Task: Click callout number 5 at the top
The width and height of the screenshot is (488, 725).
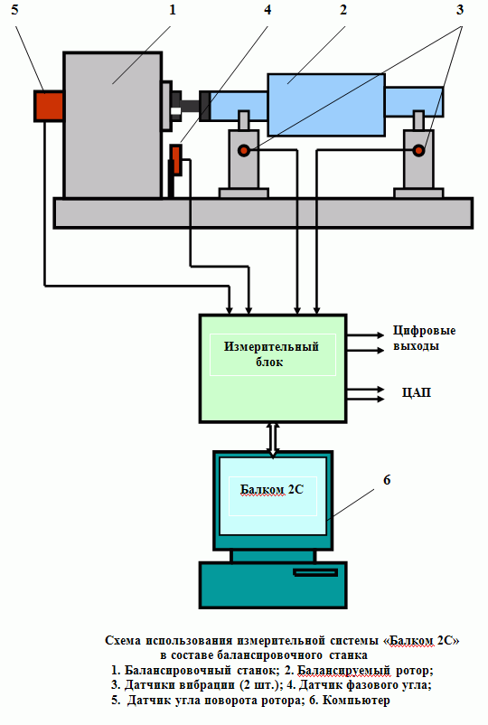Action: pos(14,10)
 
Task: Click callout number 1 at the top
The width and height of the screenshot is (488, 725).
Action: pos(173,10)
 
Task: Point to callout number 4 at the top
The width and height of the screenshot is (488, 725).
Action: pos(267,10)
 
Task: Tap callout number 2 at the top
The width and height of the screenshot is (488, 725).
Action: pos(343,10)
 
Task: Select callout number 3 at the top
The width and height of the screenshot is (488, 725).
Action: pos(459,10)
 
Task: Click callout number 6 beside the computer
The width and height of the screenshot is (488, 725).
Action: pos(387,480)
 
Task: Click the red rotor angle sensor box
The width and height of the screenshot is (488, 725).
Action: pos(49,107)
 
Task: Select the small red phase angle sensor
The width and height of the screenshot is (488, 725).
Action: pos(175,160)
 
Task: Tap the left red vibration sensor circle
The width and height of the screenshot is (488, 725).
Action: pos(243,150)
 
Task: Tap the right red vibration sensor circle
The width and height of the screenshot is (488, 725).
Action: pos(418,150)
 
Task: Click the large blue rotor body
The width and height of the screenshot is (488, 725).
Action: pos(326,105)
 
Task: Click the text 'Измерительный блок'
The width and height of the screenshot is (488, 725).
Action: pos(271,354)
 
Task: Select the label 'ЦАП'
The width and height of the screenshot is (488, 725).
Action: pos(417,392)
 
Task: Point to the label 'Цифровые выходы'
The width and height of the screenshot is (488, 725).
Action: pos(424,338)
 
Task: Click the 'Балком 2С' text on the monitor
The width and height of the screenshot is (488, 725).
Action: pos(272,490)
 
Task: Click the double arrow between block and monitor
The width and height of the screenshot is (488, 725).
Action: pos(273,439)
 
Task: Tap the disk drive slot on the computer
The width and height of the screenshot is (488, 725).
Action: pos(315,572)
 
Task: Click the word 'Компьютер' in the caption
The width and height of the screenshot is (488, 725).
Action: pos(356,700)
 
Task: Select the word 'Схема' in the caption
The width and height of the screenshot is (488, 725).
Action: pos(123,640)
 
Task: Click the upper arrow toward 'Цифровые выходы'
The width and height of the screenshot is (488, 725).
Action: pos(365,334)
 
